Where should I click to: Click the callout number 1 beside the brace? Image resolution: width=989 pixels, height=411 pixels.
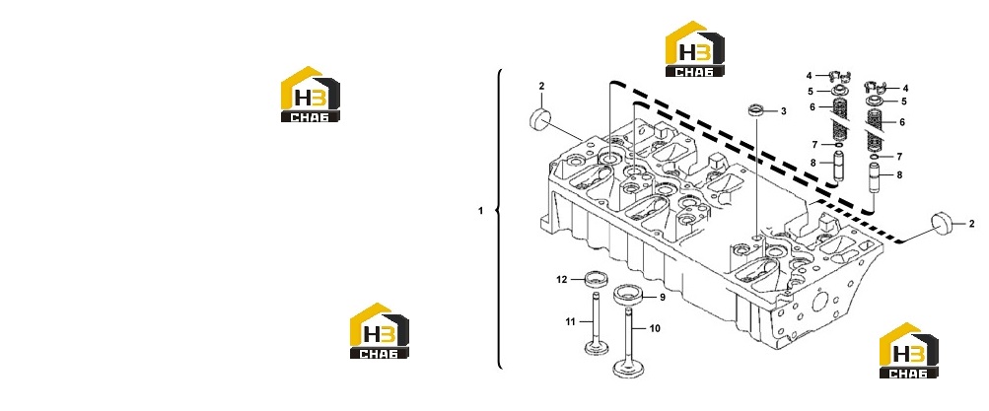tap(480, 211)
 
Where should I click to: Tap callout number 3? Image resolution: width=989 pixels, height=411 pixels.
tap(784, 111)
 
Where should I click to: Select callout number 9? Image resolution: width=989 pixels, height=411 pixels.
tap(663, 297)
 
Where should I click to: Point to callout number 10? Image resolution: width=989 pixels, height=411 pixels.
tap(655, 328)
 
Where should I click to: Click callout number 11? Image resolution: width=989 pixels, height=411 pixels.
tap(571, 322)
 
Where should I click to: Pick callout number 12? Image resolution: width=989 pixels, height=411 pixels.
tap(562, 279)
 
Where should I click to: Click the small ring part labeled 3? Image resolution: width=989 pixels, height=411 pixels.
tap(756, 111)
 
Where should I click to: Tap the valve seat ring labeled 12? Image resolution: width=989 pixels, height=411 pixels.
tap(154, 277)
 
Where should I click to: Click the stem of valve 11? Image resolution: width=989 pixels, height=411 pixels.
tap(154, 315)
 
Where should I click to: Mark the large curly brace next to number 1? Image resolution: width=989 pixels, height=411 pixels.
tap(500, 219)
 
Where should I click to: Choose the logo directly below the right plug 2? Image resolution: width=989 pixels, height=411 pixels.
tap(909, 351)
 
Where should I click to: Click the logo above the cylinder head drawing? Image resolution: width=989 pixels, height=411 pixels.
tap(695, 48)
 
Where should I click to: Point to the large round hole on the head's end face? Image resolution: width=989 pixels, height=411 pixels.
tap(820, 303)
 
